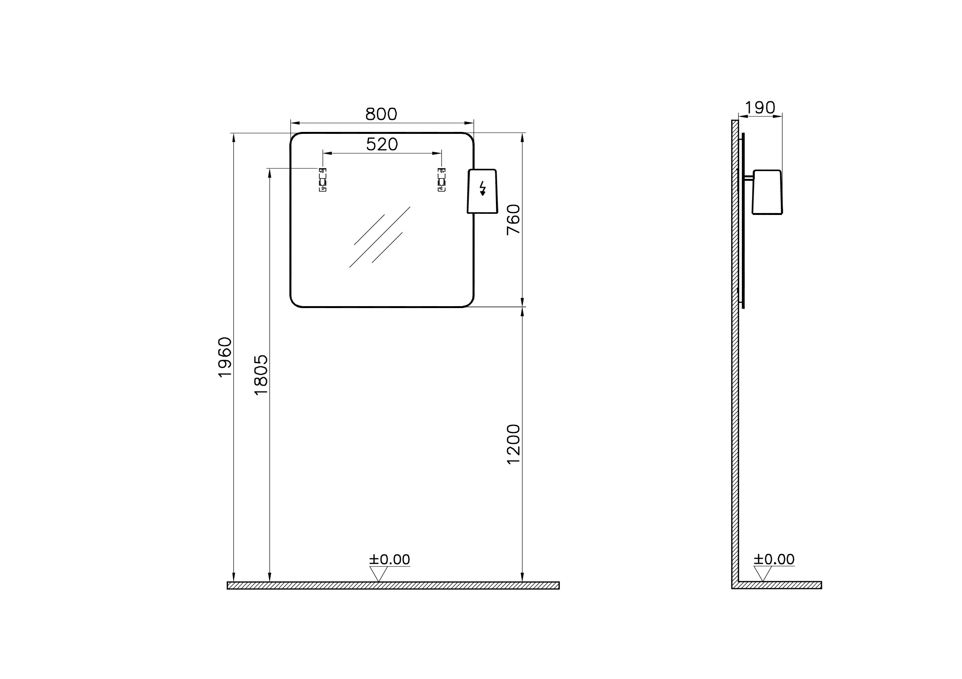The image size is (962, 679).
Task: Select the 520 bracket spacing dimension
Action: pos(382,144)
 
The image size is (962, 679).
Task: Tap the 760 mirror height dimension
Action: pos(513,220)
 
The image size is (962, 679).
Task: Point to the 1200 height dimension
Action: pos(513,444)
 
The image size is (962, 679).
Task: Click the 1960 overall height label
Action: pos(225,357)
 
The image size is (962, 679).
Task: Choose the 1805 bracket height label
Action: pos(261,375)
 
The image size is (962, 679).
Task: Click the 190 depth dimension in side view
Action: pos(760,108)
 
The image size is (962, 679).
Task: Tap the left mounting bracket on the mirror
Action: pos(322,180)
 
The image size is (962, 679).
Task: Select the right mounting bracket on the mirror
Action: pos(442,180)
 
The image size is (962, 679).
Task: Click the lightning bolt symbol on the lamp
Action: pos(483,189)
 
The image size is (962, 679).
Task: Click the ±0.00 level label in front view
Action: pos(389,559)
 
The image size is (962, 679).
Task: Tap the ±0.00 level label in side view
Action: pos(774,559)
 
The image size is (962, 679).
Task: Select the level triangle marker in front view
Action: pos(378,573)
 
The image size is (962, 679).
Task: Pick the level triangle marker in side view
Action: pos(763,573)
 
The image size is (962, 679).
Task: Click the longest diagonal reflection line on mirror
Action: pos(380,237)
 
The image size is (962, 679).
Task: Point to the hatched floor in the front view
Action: pos(393,585)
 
